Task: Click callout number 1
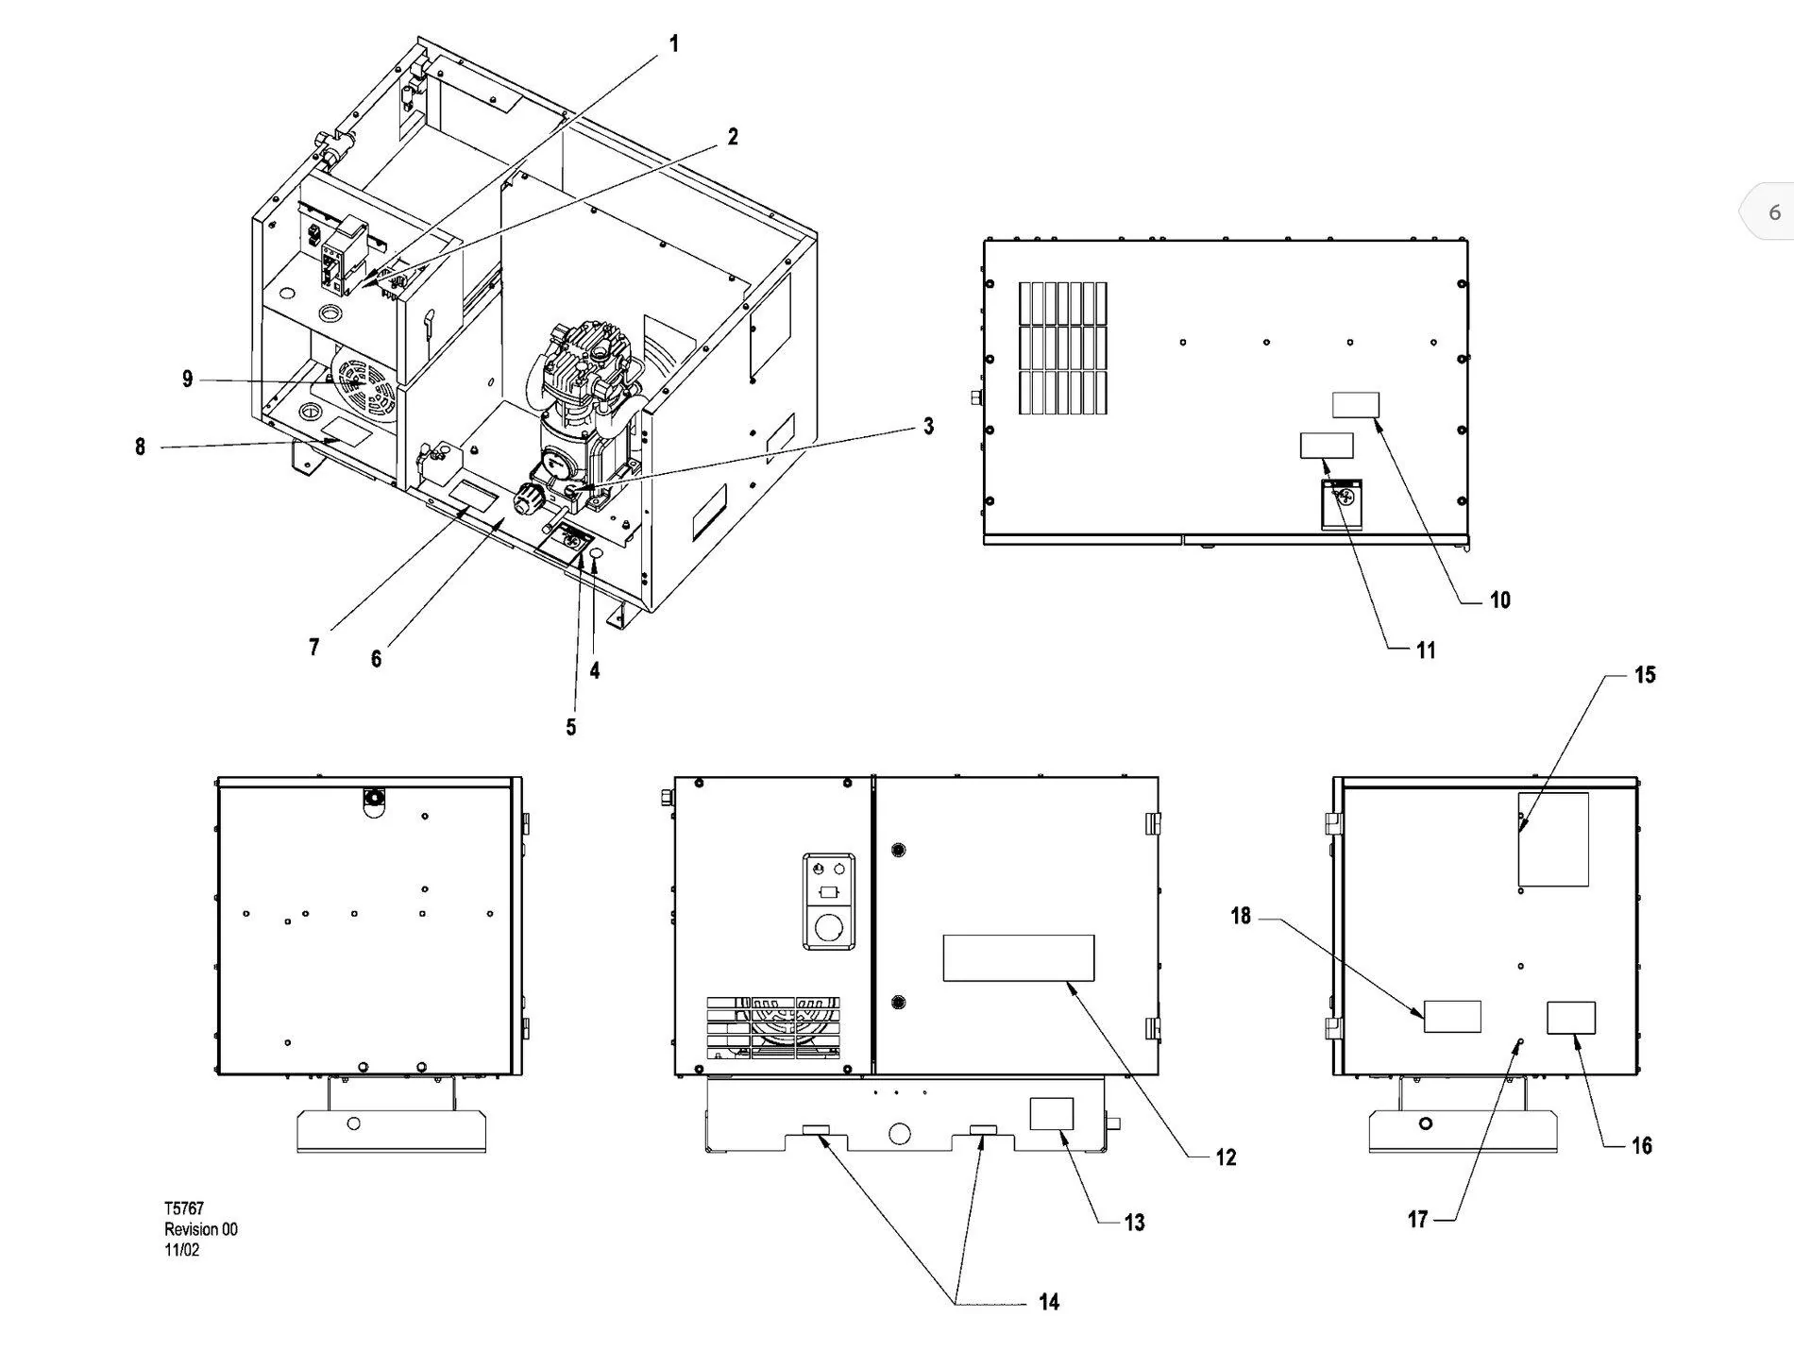coord(674,43)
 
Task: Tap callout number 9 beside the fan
coord(187,379)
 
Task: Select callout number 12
coord(1226,1157)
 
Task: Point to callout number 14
coord(1049,1302)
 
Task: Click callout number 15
coord(1645,674)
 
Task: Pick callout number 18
coord(1241,916)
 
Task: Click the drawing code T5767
coord(184,1208)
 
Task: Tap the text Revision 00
coord(201,1229)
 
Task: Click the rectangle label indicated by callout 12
coord(1019,958)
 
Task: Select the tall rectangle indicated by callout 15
coord(1553,839)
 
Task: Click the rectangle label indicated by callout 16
coord(1571,1018)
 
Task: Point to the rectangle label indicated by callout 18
coord(1452,1016)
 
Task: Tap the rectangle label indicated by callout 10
coord(1356,405)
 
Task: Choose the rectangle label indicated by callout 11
coord(1327,446)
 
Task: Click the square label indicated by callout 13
coord(1052,1114)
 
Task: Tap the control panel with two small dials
coord(829,901)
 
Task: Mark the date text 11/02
coord(182,1250)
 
